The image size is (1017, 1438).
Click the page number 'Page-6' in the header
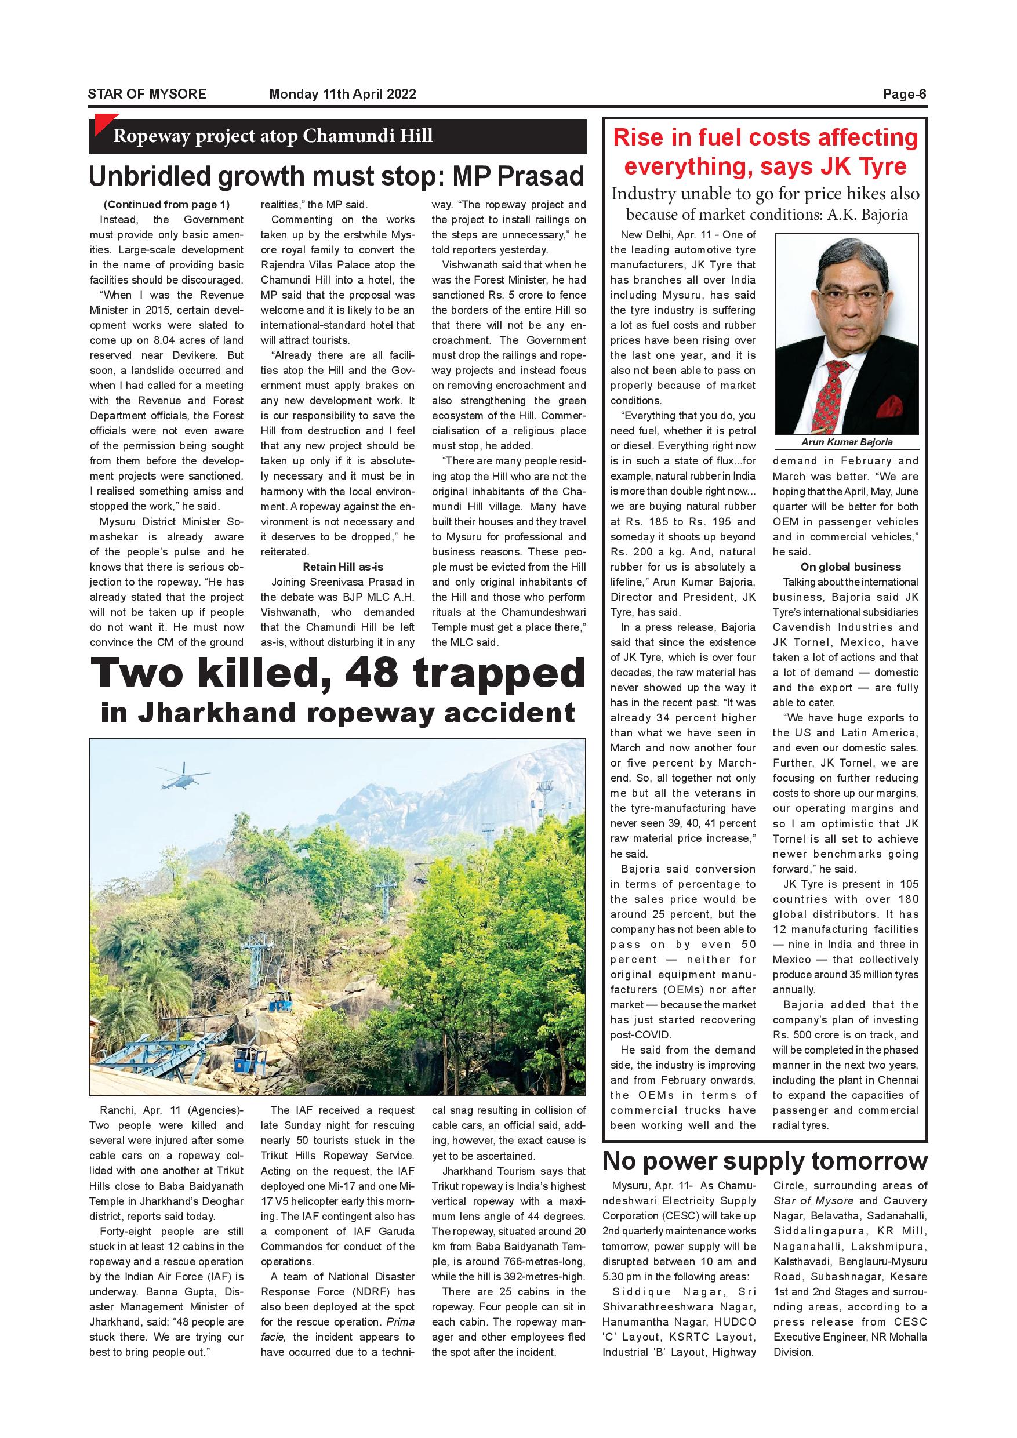coord(904,94)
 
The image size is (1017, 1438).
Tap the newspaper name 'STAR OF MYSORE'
coord(147,94)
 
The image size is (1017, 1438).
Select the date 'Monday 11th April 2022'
coord(343,94)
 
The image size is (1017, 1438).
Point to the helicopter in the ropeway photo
coord(185,776)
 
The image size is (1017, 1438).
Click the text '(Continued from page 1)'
coord(166,204)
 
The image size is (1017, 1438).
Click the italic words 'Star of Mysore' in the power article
coord(813,1201)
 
